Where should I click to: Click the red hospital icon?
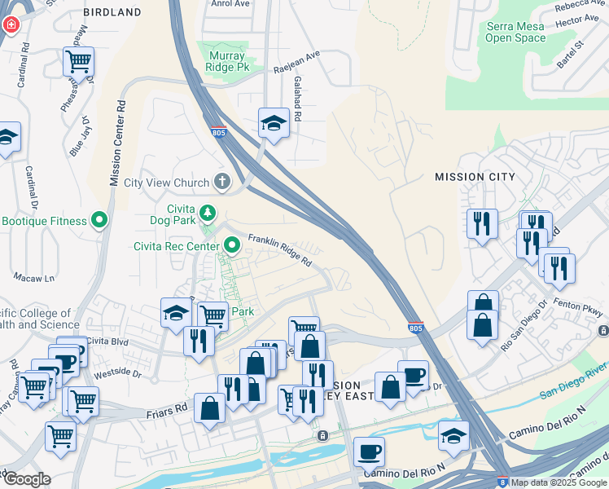click(11, 24)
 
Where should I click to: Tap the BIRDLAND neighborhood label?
click(112, 13)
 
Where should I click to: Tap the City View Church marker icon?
click(221, 182)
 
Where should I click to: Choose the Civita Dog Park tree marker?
click(208, 213)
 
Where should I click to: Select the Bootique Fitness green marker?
click(100, 221)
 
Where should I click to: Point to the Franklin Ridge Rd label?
click(280, 249)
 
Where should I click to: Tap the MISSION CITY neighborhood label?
click(475, 176)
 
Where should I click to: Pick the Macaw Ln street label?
click(38, 278)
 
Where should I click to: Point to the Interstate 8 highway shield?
click(502, 482)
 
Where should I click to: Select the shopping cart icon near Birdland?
click(78, 60)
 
